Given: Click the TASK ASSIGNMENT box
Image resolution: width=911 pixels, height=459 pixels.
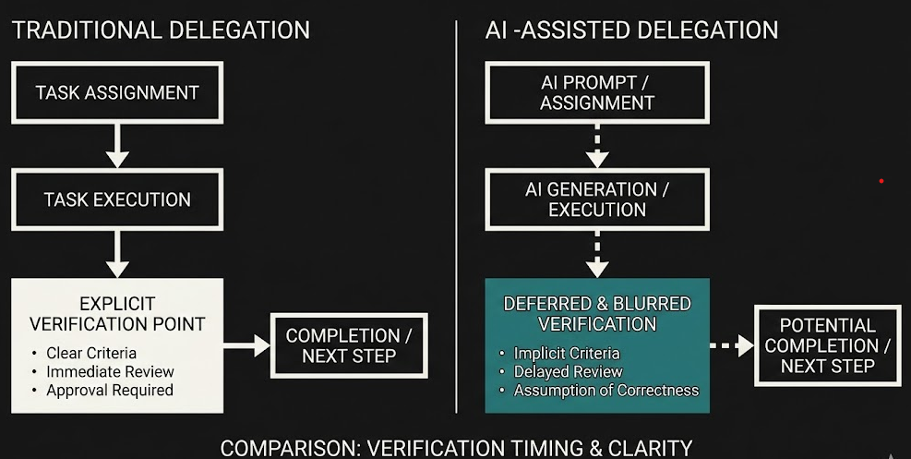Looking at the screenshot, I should (x=117, y=92).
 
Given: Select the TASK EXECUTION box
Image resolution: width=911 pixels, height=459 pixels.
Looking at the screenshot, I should (x=117, y=199).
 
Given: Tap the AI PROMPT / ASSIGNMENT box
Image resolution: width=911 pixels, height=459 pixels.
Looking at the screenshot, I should (x=596, y=92).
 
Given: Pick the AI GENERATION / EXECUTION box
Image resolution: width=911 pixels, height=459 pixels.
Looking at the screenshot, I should (x=596, y=199).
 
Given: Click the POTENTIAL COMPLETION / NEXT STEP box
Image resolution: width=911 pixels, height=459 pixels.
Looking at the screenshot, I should (x=828, y=345).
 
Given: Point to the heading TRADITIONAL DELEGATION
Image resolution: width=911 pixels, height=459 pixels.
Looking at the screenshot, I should (x=161, y=30).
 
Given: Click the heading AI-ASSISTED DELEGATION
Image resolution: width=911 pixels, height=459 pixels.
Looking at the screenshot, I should (x=631, y=30).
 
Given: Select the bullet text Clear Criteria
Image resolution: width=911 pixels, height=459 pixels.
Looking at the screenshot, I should (x=91, y=353).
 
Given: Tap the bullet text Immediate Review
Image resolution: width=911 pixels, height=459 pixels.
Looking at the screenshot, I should (x=110, y=371).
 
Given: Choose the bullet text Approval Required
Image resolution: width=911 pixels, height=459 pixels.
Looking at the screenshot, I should (x=110, y=390).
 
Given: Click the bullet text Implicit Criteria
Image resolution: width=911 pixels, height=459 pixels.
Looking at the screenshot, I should (x=567, y=353).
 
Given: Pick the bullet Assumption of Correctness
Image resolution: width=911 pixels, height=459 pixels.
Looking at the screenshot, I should (x=605, y=390).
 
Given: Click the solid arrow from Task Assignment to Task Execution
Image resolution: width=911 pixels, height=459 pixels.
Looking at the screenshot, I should (x=117, y=145).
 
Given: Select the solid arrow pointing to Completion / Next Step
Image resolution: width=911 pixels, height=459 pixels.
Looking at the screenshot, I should (x=246, y=345).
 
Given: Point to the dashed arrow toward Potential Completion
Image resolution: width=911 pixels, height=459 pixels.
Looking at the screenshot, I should (x=732, y=345).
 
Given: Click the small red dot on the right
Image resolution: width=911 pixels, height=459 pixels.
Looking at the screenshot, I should (x=881, y=181).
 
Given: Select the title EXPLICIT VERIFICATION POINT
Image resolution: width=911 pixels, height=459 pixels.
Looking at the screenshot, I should (x=117, y=313).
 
